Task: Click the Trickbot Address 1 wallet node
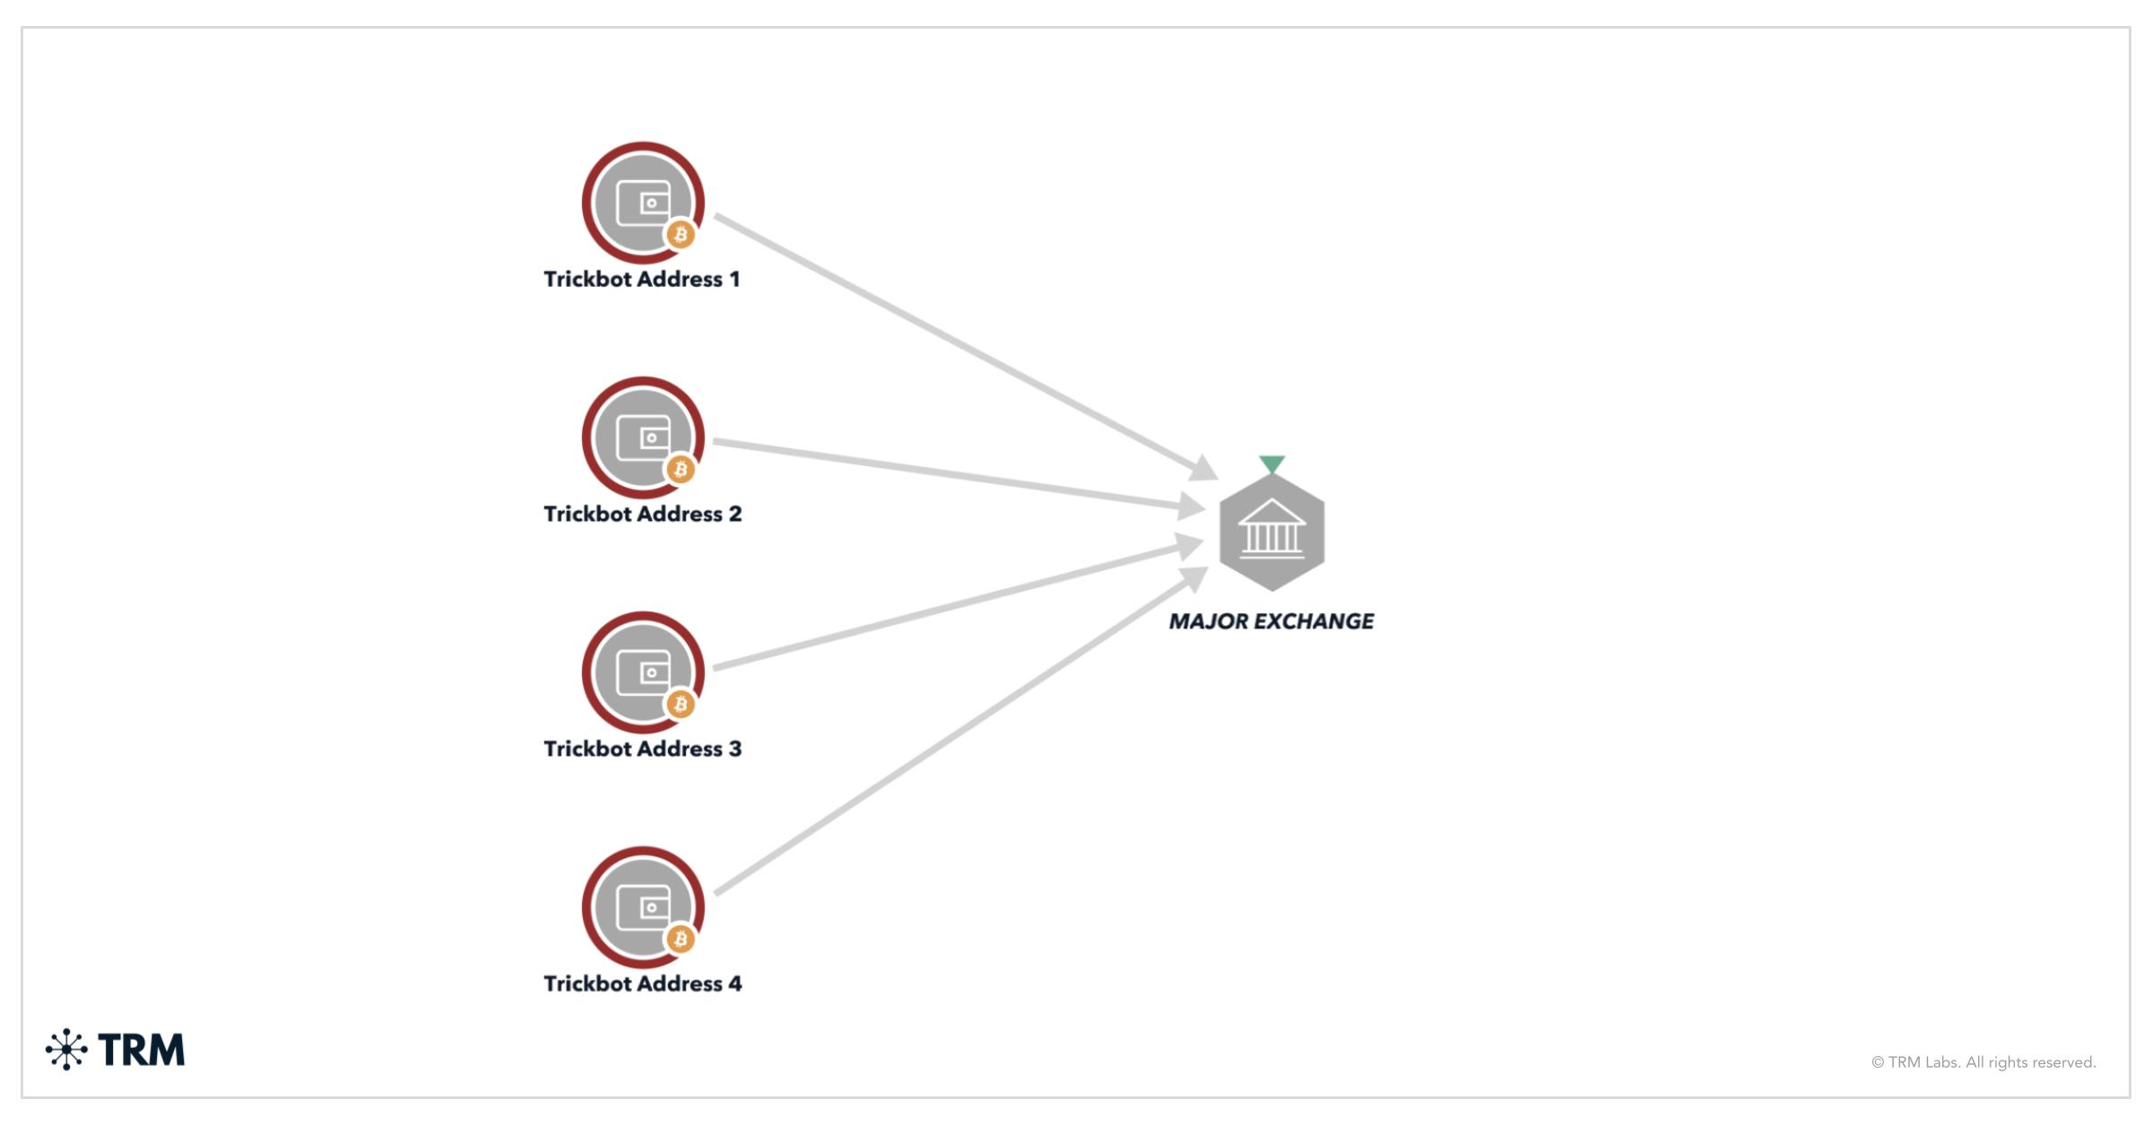point(642,203)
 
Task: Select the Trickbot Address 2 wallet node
point(642,437)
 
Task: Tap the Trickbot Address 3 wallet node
point(642,672)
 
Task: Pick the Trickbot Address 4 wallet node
point(642,907)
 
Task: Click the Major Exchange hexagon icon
point(1271,533)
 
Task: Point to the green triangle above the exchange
point(1271,463)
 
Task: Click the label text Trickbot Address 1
point(642,280)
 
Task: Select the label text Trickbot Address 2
point(642,515)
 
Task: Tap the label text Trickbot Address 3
point(642,749)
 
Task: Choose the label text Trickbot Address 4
point(642,984)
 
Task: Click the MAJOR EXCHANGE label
point(1271,621)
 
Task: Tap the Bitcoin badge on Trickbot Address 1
point(681,235)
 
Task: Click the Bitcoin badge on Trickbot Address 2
point(681,469)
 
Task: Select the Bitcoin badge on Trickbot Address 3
point(681,704)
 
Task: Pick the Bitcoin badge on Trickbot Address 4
point(681,939)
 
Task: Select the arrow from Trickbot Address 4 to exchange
point(959,735)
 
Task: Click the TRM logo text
point(142,1050)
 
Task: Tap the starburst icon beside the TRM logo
point(66,1050)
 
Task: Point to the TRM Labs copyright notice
point(1983,1062)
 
